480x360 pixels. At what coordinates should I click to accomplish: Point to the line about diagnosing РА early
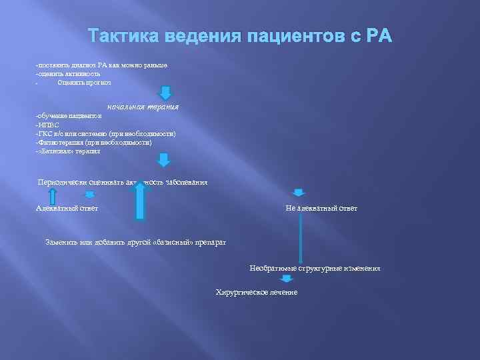click(x=101, y=65)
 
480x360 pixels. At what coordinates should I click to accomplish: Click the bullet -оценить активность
click(x=68, y=73)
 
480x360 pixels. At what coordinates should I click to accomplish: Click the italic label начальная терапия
click(x=143, y=107)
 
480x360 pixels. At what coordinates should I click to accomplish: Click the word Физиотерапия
click(x=60, y=143)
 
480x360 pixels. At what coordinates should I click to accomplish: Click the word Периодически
click(x=63, y=182)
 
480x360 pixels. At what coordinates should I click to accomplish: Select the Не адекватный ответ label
click(x=321, y=209)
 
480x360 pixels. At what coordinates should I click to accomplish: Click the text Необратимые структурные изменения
click(x=315, y=268)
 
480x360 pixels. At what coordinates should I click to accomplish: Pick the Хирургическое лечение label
click(x=257, y=293)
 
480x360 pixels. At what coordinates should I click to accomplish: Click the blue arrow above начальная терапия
click(x=165, y=93)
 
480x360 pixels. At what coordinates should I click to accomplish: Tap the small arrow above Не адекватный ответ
click(x=299, y=193)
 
